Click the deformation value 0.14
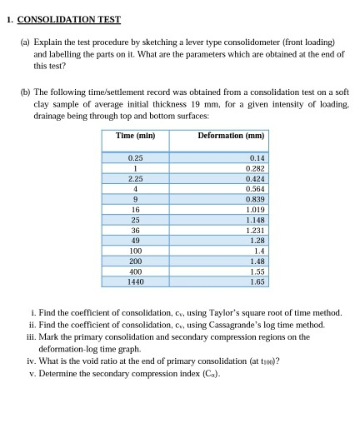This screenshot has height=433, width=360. click(256, 157)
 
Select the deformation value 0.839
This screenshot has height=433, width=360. click(254, 198)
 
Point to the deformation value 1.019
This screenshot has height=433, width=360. click(254, 209)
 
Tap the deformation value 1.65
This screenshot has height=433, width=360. click(257, 282)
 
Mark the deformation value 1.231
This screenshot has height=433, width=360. click(254, 230)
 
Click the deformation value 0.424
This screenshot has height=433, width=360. click(254, 177)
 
